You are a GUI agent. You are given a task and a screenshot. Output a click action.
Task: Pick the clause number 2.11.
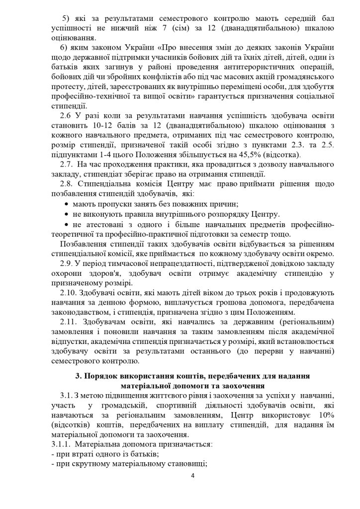(x=68, y=320)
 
